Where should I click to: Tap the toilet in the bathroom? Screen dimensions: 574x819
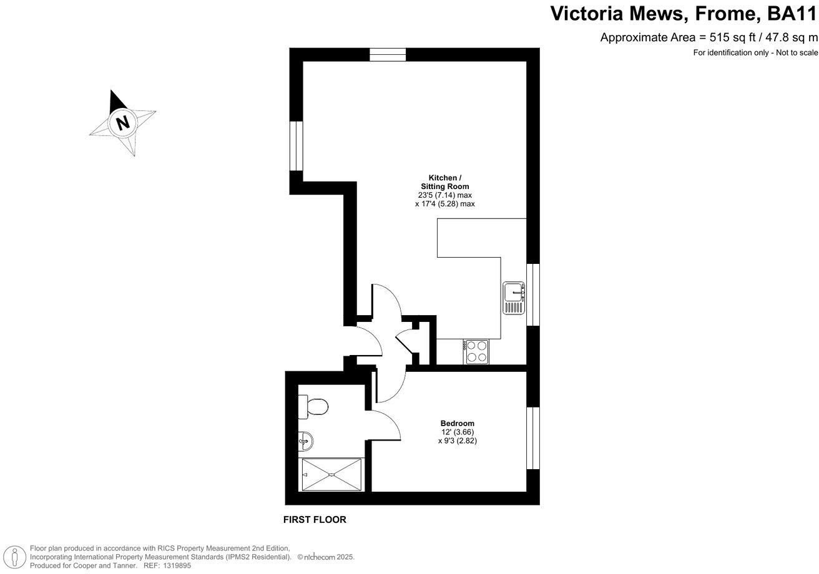(x=313, y=407)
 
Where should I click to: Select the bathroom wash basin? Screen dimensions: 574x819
(x=305, y=441)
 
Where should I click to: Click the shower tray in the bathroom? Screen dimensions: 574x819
(x=332, y=475)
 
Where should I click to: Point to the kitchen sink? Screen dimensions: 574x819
(x=514, y=298)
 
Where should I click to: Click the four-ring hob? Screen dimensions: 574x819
(x=476, y=351)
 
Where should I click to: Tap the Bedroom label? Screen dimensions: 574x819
(x=457, y=423)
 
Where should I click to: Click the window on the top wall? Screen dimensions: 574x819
(x=387, y=54)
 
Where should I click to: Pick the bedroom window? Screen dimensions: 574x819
(x=532, y=437)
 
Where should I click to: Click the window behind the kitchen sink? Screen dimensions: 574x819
(x=532, y=294)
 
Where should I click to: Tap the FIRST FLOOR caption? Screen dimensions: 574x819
(x=315, y=520)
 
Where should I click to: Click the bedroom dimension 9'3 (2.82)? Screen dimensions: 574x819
(x=458, y=440)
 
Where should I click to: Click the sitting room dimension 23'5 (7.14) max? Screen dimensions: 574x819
(x=444, y=195)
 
